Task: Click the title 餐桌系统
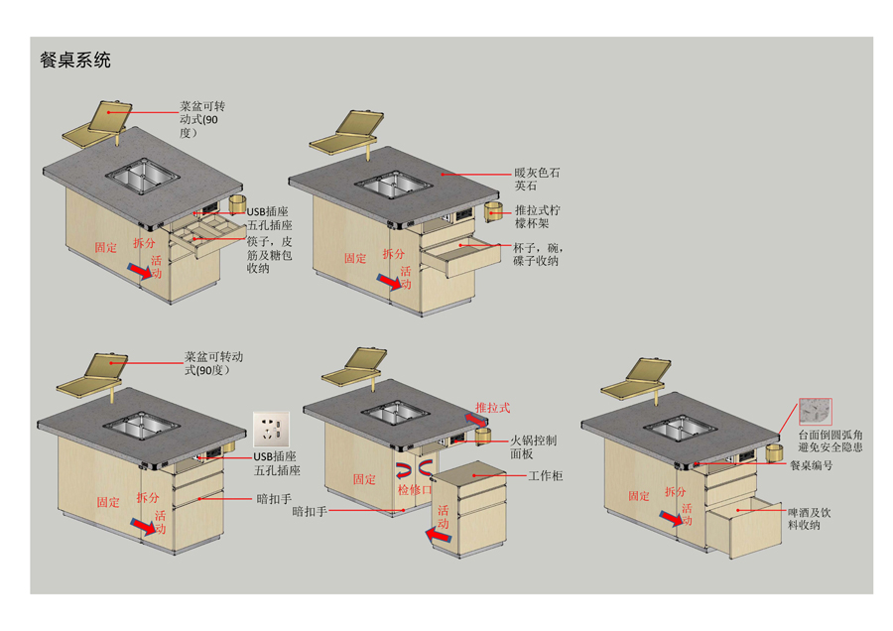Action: click(x=75, y=60)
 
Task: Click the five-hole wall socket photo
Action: click(x=271, y=431)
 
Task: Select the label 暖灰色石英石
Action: click(x=537, y=179)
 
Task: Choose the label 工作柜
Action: click(x=545, y=476)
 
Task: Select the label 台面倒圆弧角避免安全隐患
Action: click(x=829, y=442)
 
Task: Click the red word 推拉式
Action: click(x=493, y=408)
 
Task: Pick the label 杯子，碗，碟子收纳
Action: click(x=537, y=254)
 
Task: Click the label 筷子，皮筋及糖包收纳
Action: click(x=270, y=254)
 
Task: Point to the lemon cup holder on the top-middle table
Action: click(x=494, y=211)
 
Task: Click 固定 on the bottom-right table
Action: click(x=639, y=496)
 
